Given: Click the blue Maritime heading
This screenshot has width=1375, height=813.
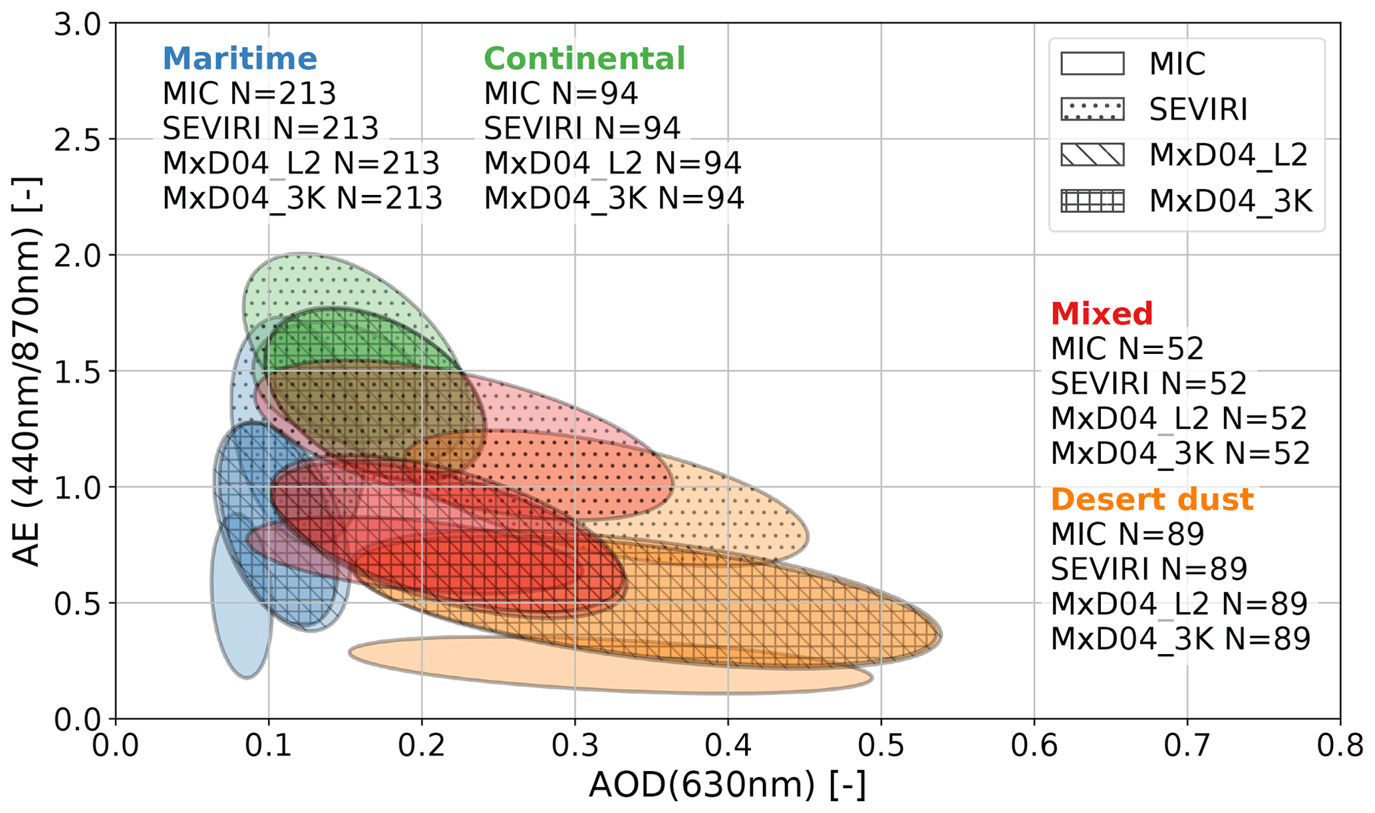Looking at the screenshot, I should pyautogui.click(x=239, y=59).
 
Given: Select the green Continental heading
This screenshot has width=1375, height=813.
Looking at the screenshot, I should pyautogui.click(x=584, y=59).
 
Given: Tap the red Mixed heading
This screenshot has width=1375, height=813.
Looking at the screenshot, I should pyautogui.click(x=1102, y=313).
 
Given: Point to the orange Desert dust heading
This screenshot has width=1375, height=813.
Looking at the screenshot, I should pyautogui.click(x=1152, y=499).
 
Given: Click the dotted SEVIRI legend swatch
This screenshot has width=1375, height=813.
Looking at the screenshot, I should pyautogui.click(x=1092, y=109).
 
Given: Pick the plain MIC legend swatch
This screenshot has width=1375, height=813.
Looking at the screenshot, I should pyautogui.click(x=1092, y=64).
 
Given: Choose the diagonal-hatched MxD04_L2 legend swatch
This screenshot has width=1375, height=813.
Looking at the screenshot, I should pyautogui.click(x=1092, y=155).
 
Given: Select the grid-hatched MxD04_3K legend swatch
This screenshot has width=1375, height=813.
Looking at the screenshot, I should pyautogui.click(x=1092, y=201).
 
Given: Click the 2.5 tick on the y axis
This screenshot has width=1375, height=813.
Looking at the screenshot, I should pyautogui.click(x=76, y=140).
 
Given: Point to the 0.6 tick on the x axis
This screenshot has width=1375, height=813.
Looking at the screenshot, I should pyautogui.click(x=1034, y=745).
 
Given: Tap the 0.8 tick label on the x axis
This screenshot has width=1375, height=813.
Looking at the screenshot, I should pyautogui.click(x=1340, y=745).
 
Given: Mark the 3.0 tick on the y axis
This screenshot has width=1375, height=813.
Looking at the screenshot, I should pyautogui.click(x=76, y=25).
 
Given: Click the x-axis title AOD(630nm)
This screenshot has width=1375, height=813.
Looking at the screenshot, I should pyautogui.click(x=727, y=786).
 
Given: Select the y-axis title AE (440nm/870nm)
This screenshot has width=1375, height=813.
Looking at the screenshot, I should pyautogui.click(x=27, y=371).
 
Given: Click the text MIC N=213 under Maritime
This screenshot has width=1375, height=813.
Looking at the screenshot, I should pyautogui.click(x=249, y=94).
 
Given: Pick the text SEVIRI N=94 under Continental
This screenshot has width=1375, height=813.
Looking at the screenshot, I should pyautogui.click(x=582, y=128).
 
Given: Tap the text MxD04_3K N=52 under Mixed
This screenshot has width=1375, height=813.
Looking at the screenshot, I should pyautogui.click(x=1180, y=453).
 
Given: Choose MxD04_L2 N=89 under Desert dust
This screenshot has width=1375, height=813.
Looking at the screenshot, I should pyautogui.click(x=1179, y=603).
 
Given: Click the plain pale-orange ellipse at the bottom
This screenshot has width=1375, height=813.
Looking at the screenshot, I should pyautogui.click(x=599, y=669).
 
